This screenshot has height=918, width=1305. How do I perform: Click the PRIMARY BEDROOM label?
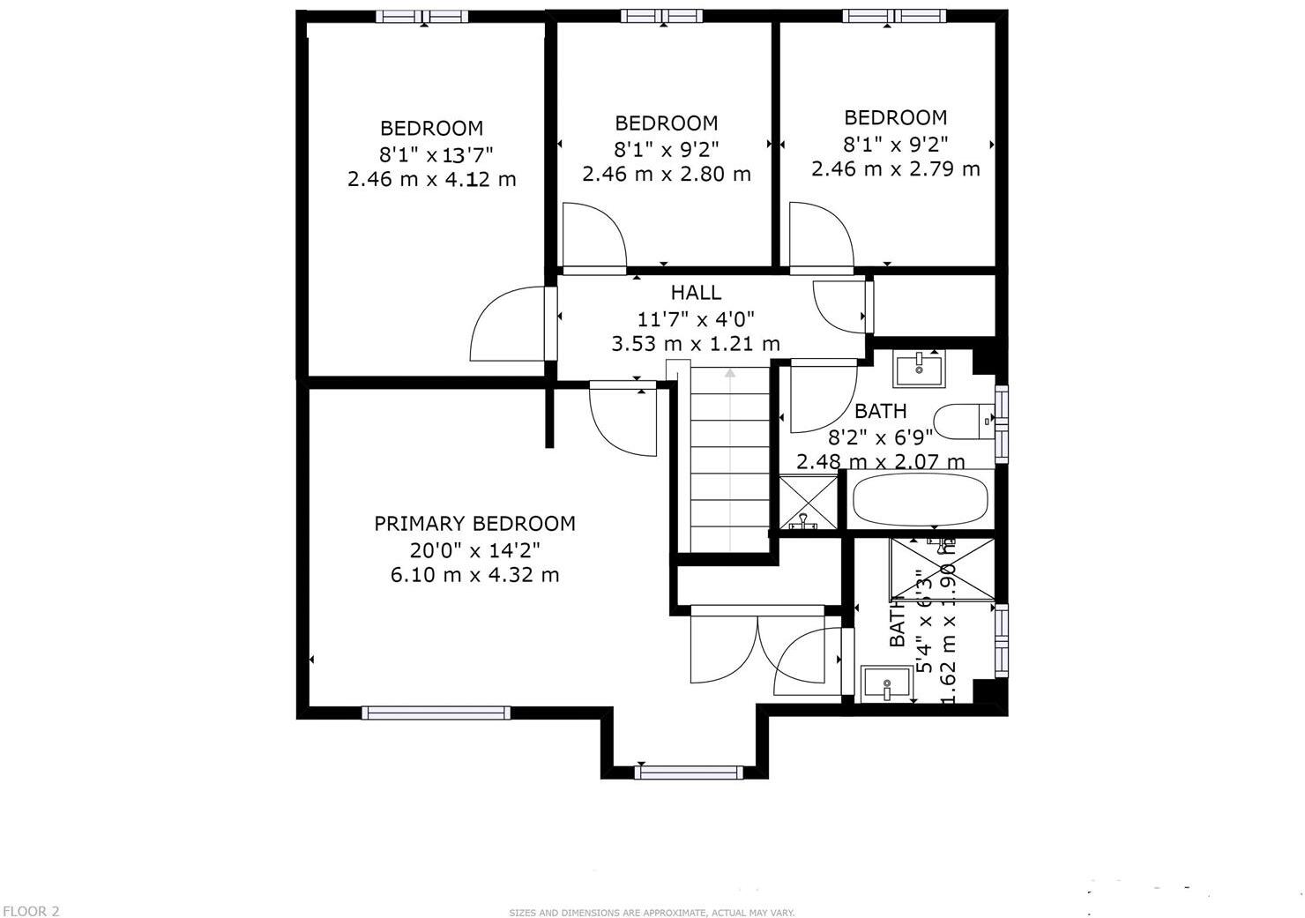pyautogui.click(x=474, y=524)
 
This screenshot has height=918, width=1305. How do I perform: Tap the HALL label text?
pyautogui.click(x=696, y=293)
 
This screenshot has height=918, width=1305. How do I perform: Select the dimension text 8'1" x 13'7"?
pyautogui.click(x=436, y=155)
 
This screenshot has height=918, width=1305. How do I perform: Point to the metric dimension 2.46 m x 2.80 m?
pyautogui.click(x=667, y=174)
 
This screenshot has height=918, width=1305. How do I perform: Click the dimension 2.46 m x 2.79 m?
pyautogui.click(x=896, y=168)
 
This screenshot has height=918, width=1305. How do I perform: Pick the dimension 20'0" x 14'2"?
pyautogui.click(x=474, y=550)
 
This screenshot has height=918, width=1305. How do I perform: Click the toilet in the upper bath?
pyautogui.click(x=963, y=422)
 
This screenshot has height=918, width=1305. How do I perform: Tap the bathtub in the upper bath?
pyautogui.click(x=920, y=500)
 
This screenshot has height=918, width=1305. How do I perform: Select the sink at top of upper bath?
pyautogui.click(x=919, y=368)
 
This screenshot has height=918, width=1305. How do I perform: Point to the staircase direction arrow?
pyautogui.click(x=730, y=375)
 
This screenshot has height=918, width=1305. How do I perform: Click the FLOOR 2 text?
pyautogui.click(x=31, y=911)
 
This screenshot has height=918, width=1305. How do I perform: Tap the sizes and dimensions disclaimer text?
pyautogui.click(x=652, y=913)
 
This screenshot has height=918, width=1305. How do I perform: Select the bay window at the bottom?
pyautogui.click(x=688, y=772)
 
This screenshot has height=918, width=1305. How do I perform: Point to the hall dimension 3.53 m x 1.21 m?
pyautogui.click(x=696, y=344)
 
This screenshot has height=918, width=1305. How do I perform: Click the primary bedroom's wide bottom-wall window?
pyautogui.click(x=436, y=713)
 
